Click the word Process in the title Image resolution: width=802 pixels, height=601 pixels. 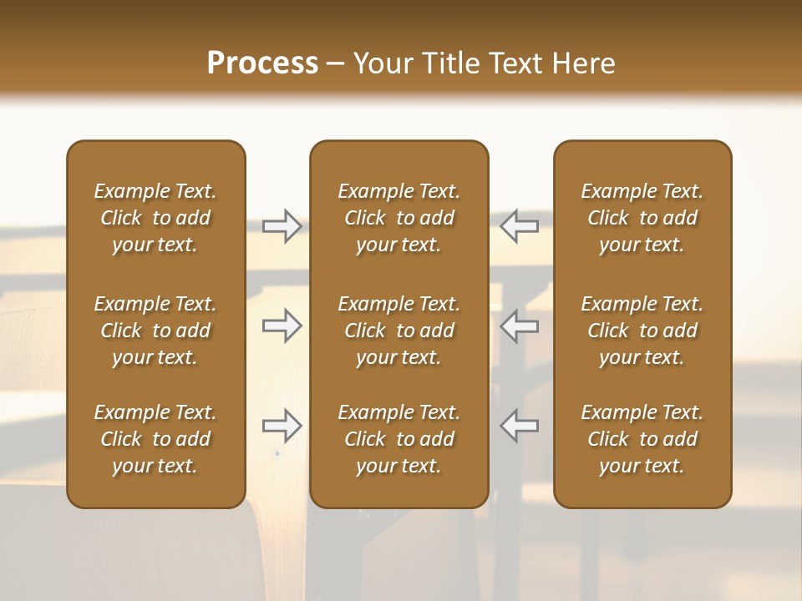pyautogui.click(x=262, y=63)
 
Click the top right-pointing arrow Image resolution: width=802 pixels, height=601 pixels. pyautogui.click(x=282, y=226)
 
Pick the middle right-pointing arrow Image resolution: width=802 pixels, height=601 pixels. pyautogui.click(x=282, y=326)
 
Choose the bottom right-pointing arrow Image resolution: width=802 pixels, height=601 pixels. pyautogui.click(x=282, y=426)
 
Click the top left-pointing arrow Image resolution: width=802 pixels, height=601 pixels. pyautogui.click(x=520, y=226)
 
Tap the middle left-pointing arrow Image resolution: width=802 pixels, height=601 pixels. pyautogui.click(x=520, y=326)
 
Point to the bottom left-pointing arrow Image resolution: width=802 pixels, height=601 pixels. pyautogui.click(x=520, y=426)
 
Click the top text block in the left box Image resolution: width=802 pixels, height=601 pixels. pyautogui.click(x=155, y=218)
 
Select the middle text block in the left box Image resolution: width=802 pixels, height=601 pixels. pyautogui.click(x=155, y=331)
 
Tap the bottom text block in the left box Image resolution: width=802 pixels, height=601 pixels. pyautogui.click(x=155, y=439)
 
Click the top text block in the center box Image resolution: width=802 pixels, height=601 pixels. pyautogui.click(x=399, y=218)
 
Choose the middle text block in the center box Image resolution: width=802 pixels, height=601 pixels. pyautogui.click(x=399, y=331)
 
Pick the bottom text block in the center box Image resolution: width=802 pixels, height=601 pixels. pyautogui.click(x=399, y=439)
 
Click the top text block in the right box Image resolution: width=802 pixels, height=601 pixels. pyautogui.click(x=642, y=218)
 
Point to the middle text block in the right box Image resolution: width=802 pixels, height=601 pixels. pyautogui.click(x=642, y=331)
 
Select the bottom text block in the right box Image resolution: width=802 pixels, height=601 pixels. pyautogui.click(x=642, y=439)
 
